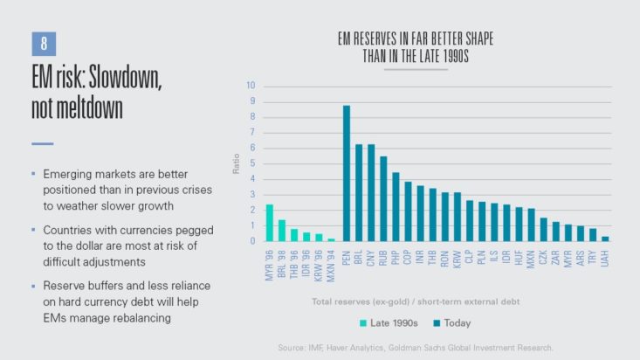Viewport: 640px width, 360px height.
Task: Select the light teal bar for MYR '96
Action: [x=270, y=223]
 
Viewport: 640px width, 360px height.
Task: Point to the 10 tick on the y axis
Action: [x=251, y=86]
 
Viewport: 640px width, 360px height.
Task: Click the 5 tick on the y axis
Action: [x=251, y=163]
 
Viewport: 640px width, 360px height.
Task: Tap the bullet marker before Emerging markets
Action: [x=34, y=175]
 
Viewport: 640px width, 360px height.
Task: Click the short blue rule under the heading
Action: [x=43, y=143]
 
